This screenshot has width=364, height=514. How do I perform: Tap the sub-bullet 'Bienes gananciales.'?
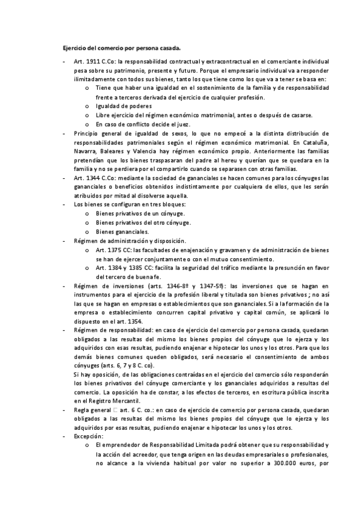pos(121,232)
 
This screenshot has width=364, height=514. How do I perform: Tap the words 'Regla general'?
pos(93,410)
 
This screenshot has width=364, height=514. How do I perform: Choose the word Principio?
pos(87,133)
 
